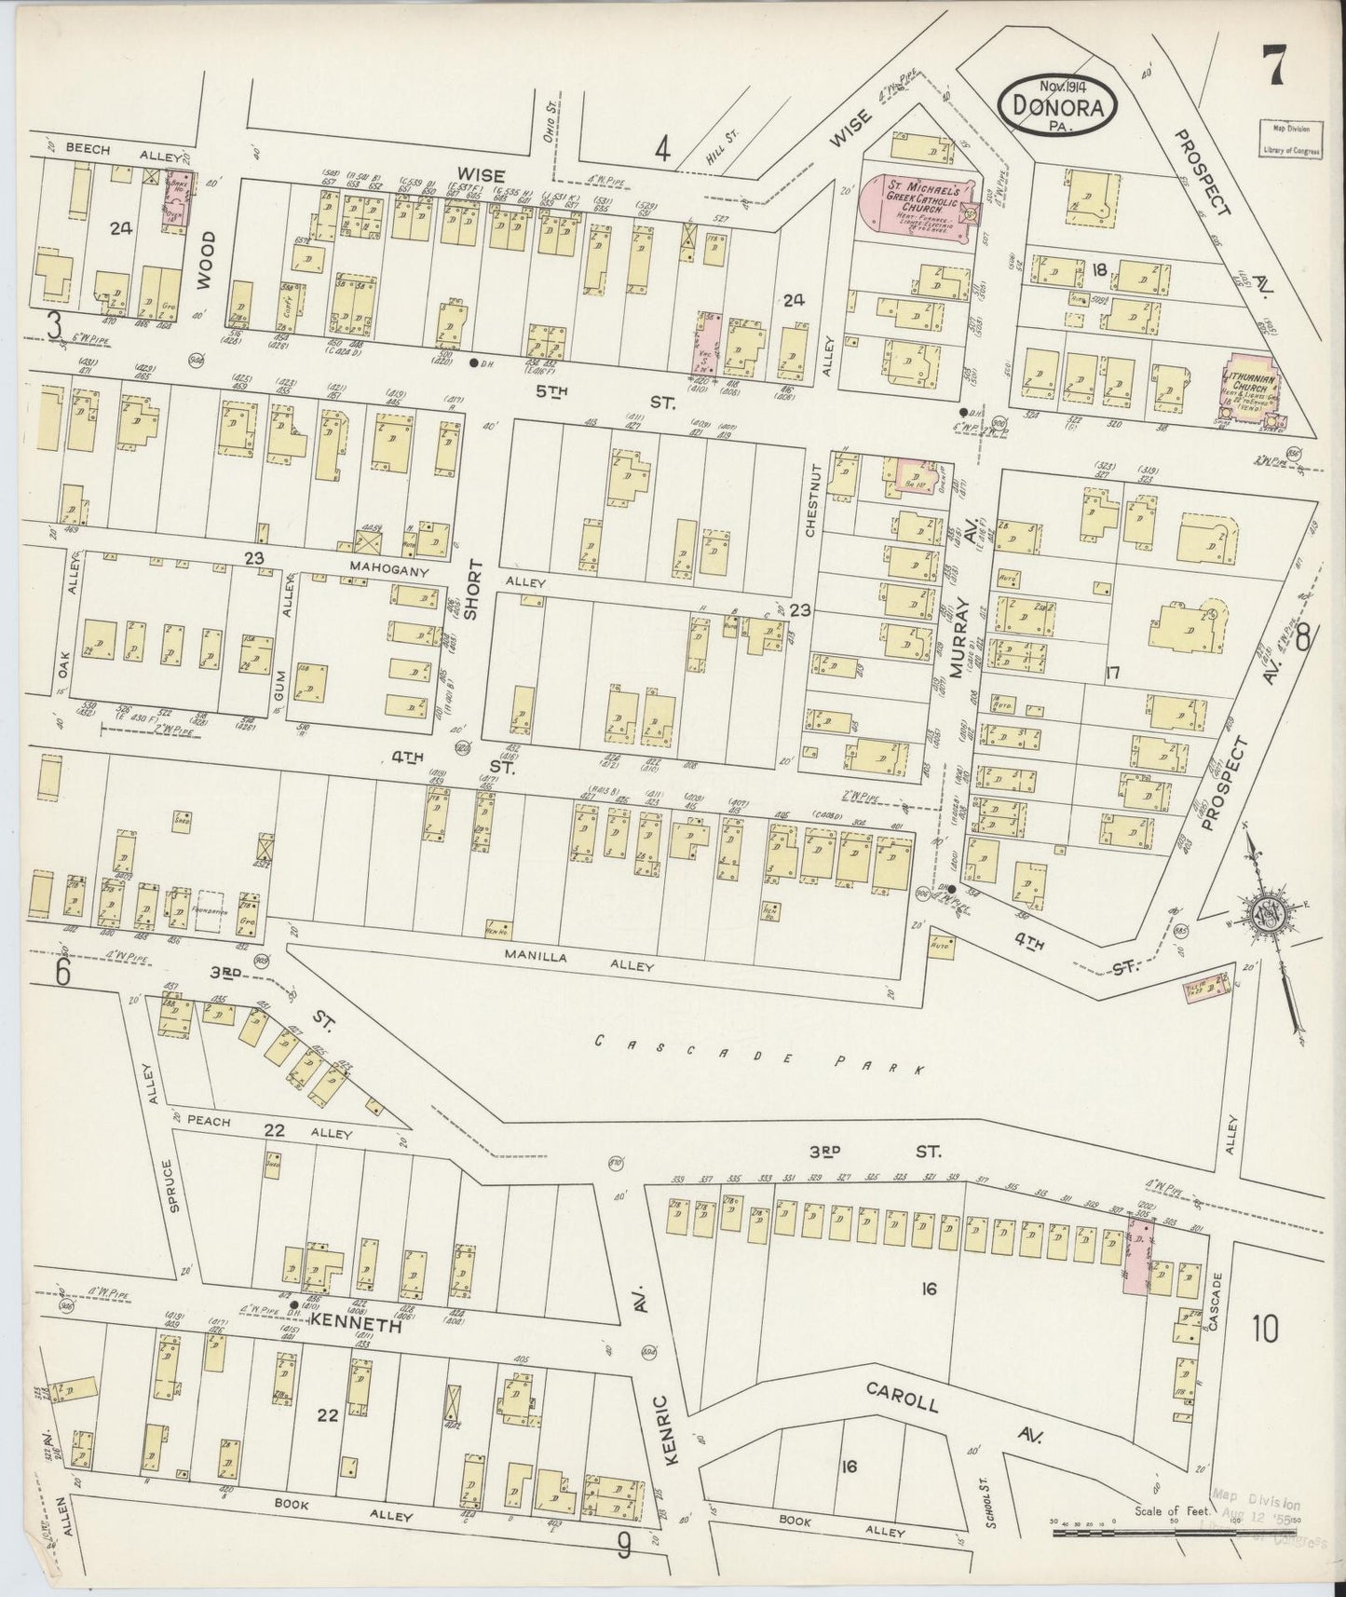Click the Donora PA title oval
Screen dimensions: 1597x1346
[1056, 107]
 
